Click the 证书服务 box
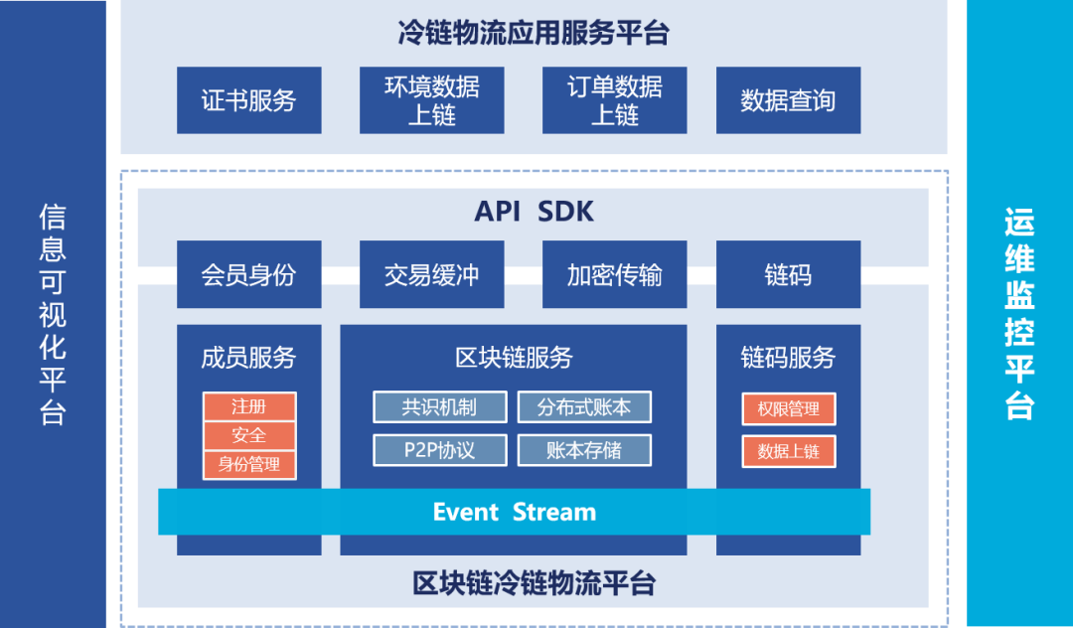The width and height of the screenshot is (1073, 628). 248,100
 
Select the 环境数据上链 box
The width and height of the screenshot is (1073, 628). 431,100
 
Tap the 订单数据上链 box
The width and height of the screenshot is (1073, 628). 614,100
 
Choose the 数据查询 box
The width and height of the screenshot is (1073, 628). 787,100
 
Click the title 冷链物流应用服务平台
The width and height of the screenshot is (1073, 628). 534,33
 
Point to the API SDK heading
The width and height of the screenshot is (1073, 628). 534,212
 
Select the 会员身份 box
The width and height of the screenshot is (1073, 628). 248,274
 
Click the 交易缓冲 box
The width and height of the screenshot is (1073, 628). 431,274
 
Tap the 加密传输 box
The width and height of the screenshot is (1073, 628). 614,274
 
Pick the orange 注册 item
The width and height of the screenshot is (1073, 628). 248,407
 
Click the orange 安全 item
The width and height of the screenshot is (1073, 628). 248,435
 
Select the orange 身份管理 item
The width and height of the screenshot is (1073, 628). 248,464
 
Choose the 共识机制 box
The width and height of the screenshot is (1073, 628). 439,407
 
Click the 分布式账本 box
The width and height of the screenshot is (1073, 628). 584,407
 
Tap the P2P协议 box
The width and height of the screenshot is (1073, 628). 439,450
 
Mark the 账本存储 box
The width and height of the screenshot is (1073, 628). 584,450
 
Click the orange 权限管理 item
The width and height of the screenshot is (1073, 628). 788,408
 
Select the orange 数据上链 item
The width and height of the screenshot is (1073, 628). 788,451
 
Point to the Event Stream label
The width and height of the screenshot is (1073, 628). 515,512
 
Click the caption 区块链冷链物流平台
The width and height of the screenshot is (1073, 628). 534,582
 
